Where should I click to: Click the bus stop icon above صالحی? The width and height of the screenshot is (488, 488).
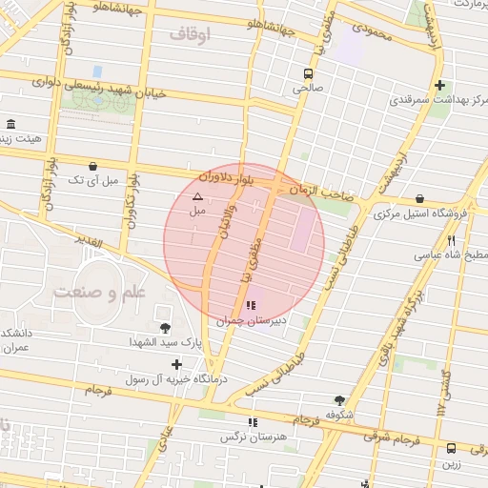[x=308, y=73]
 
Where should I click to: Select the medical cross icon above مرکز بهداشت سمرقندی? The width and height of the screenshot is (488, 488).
[x=438, y=84]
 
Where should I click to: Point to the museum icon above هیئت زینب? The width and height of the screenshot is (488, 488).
[x=11, y=126]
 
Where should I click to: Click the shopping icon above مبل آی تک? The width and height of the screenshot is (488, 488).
[x=92, y=166]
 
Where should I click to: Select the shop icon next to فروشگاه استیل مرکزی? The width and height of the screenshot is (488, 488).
[x=420, y=199]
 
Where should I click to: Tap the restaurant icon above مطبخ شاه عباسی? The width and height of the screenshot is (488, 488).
[x=451, y=241]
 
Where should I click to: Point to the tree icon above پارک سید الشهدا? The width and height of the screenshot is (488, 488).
[x=165, y=327]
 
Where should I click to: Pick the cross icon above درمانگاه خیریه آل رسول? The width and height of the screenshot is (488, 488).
[x=176, y=364]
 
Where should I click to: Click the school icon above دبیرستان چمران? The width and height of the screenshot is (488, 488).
[x=251, y=306]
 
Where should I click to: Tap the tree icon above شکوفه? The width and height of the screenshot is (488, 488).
[x=339, y=400]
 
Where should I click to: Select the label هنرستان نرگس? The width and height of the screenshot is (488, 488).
[x=252, y=437]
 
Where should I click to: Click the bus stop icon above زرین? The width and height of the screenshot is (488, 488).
[x=451, y=447]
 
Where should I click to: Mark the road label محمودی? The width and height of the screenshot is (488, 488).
[x=373, y=31]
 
